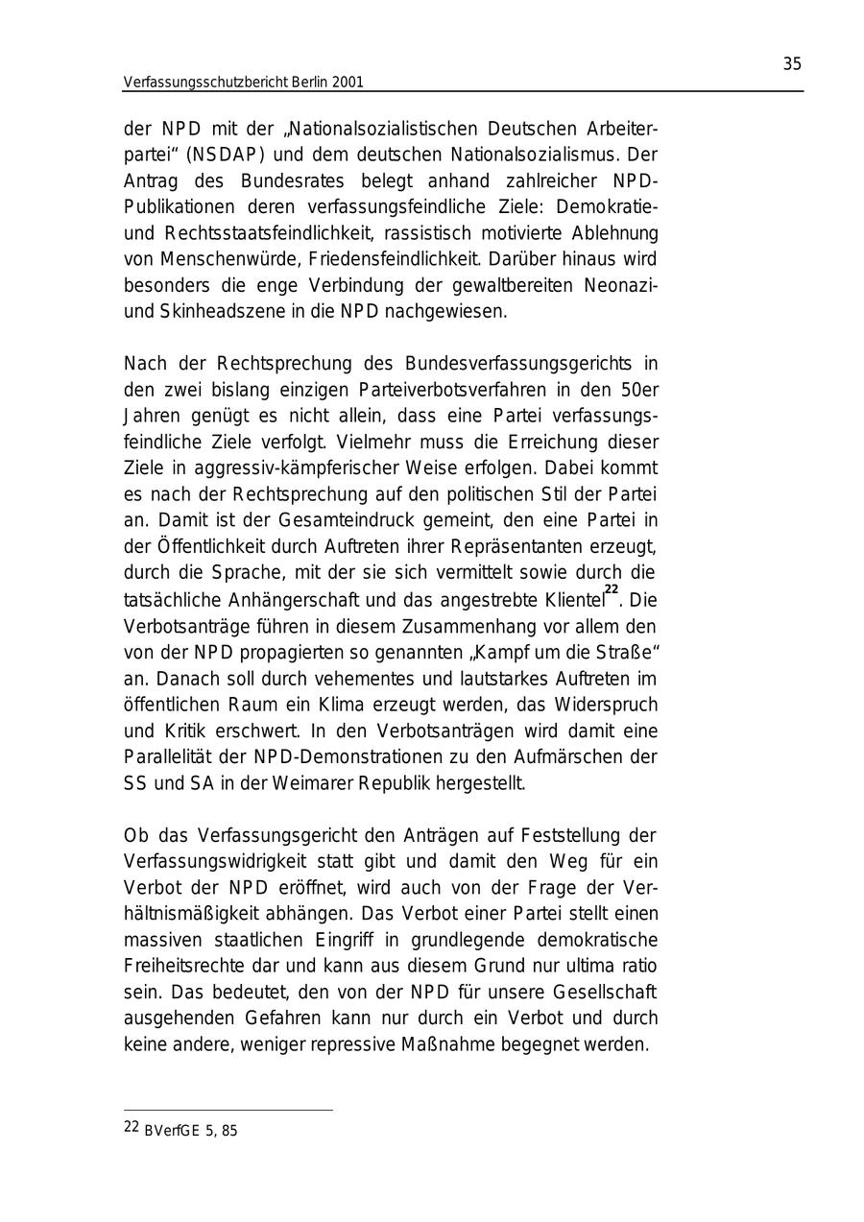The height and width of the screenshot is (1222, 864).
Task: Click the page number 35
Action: [x=792, y=64]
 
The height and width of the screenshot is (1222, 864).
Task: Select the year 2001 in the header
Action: [x=347, y=83]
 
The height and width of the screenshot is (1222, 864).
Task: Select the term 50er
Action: [x=637, y=390]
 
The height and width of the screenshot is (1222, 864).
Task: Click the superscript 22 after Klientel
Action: [x=612, y=590]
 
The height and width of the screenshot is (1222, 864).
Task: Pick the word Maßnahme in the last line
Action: [x=444, y=1044]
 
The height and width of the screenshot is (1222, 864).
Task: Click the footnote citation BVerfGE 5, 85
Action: [x=190, y=1131]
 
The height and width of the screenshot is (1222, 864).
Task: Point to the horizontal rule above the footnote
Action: [x=228, y=1111]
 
